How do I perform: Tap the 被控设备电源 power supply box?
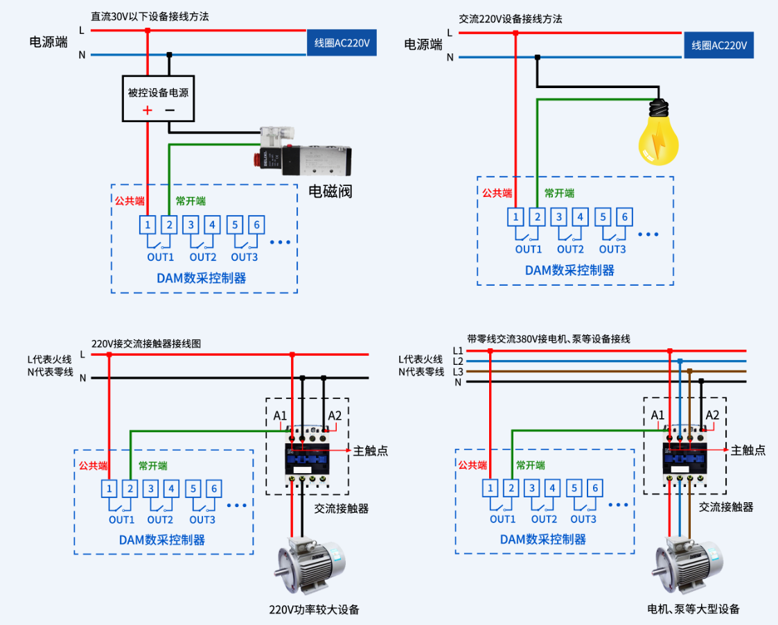click(158, 99)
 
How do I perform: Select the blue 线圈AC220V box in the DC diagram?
click(342, 43)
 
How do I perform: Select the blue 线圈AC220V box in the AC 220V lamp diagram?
click(718, 45)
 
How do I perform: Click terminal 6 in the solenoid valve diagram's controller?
click(256, 225)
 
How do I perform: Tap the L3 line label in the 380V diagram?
click(457, 372)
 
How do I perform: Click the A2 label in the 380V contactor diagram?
click(711, 415)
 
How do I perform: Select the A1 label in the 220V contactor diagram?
click(280, 416)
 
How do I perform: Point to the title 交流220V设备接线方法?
click(510, 19)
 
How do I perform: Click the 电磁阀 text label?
click(330, 191)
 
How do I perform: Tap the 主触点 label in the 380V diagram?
click(748, 450)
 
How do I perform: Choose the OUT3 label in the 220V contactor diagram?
click(202, 520)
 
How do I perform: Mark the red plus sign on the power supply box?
click(147, 110)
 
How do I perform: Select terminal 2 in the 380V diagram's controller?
click(511, 488)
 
